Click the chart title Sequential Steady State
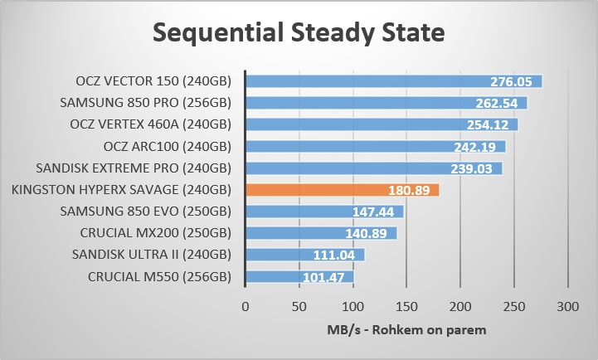pos(299,34)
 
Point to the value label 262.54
pos(496,104)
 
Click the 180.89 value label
pos(408,191)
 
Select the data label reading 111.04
pos(333,255)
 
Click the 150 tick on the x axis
pos(406,306)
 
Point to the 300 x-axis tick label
pos(568,306)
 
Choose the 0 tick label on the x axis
pos(245,306)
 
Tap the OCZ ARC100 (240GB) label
pos(167,147)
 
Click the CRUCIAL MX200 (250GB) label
pos(155,233)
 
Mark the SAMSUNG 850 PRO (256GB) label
pos(145,103)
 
